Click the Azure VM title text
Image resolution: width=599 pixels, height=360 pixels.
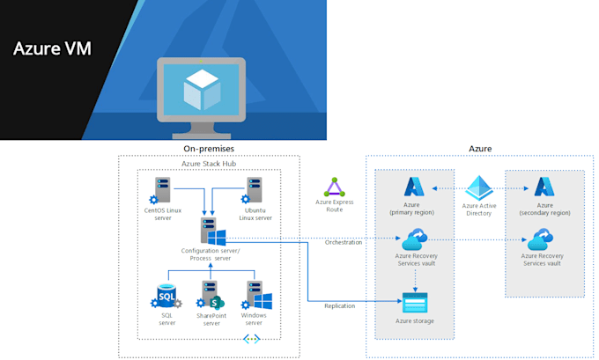click(53, 47)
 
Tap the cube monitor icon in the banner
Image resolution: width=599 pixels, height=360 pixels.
click(201, 93)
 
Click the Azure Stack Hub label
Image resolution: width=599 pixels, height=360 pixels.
click(208, 164)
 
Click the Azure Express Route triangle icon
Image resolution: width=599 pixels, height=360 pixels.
click(334, 187)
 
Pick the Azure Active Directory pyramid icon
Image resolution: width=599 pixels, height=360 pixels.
click(480, 188)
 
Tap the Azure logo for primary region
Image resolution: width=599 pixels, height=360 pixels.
click(414, 187)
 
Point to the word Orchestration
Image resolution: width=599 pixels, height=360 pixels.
click(344, 242)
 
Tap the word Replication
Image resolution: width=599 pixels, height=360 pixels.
click(339, 306)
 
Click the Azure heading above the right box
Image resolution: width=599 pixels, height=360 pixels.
click(480, 149)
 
